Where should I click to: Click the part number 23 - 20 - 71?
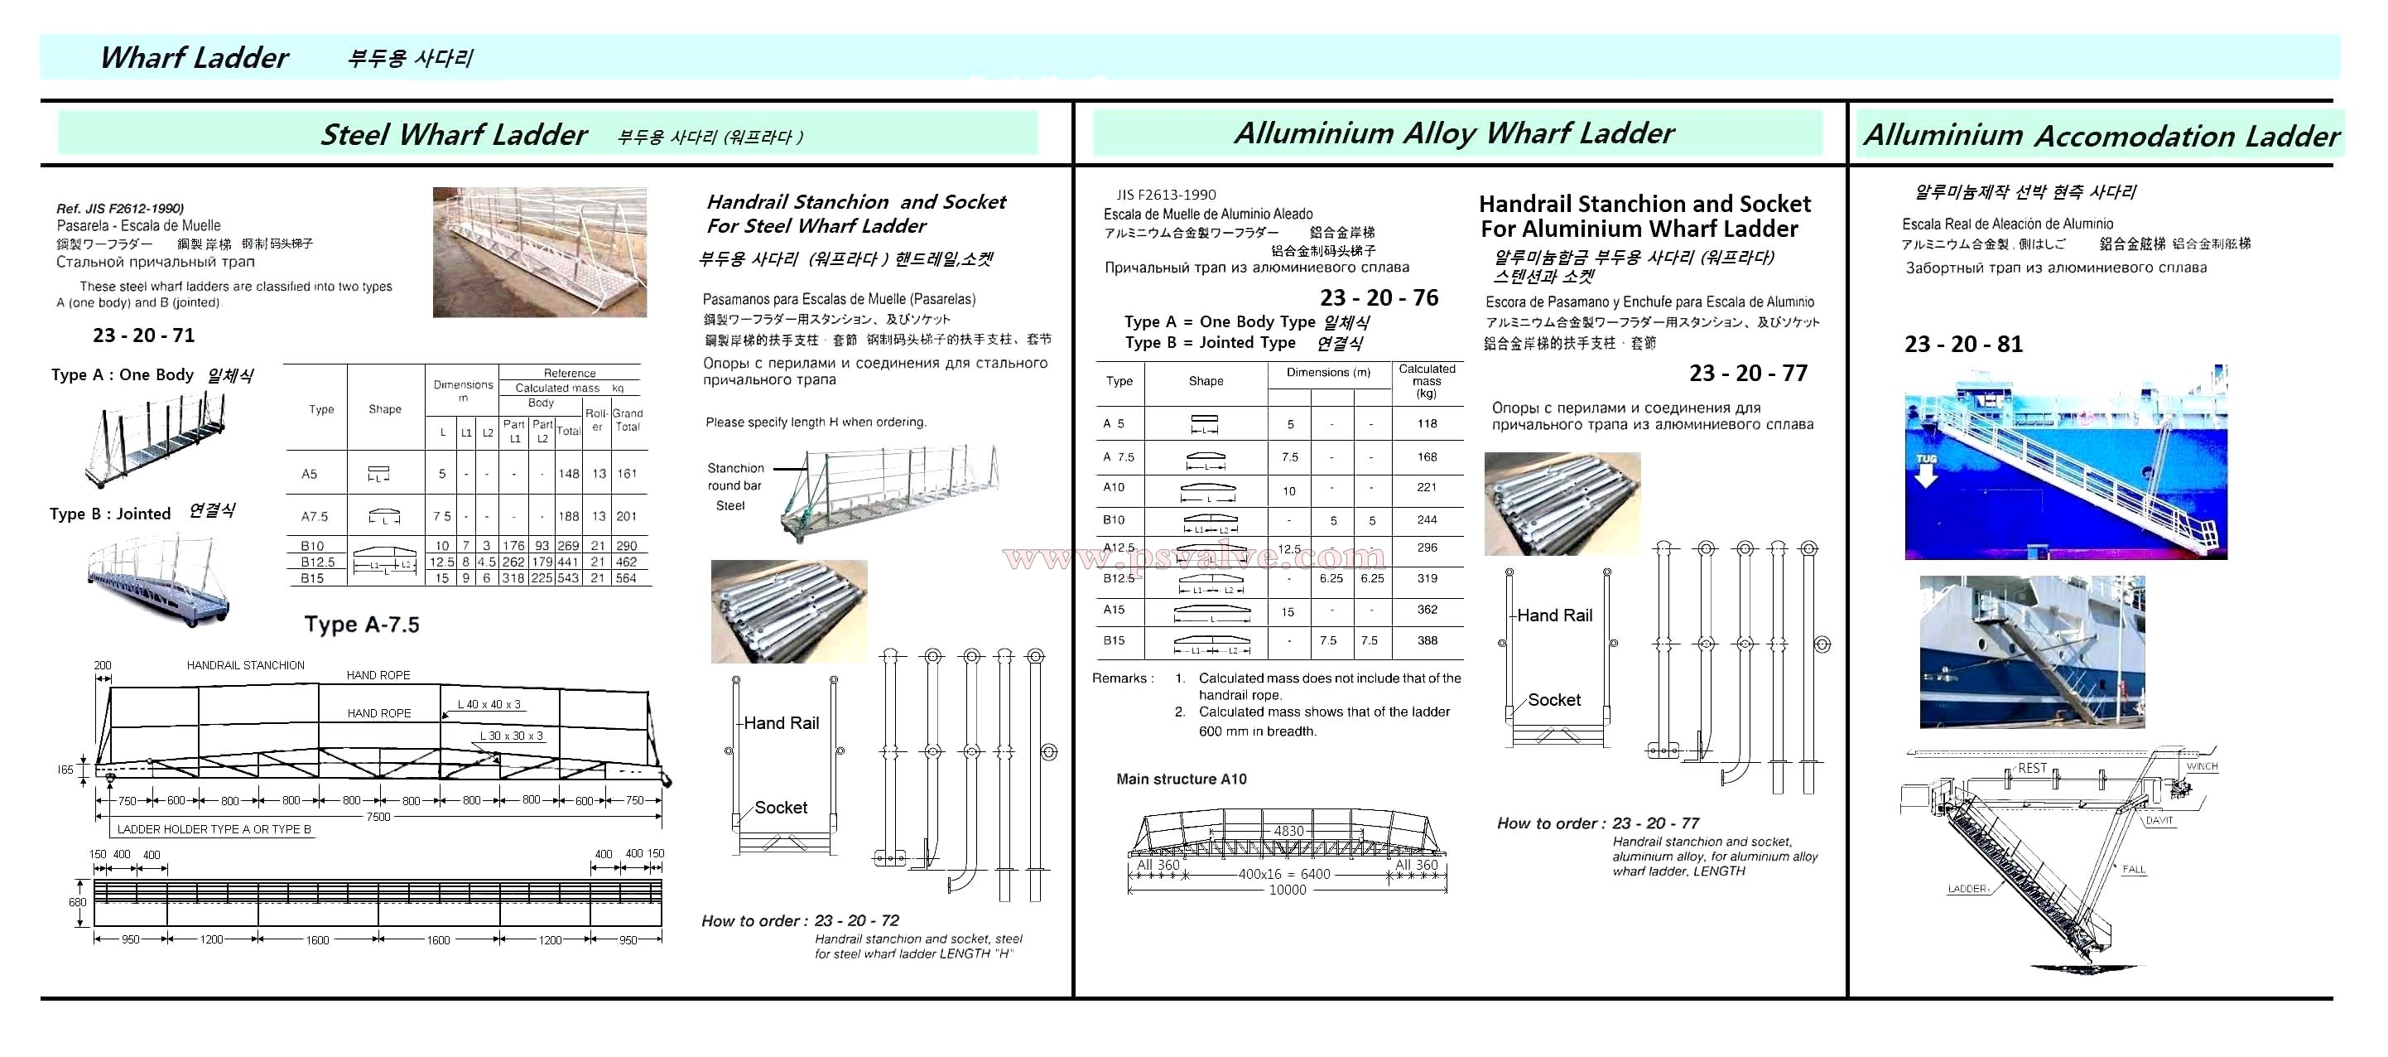tap(144, 335)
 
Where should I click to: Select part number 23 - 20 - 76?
tap(1379, 297)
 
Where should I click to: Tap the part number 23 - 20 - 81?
tap(1963, 344)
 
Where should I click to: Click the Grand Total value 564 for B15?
tap(627, 577)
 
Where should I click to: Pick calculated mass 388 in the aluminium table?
tap(1427, 640)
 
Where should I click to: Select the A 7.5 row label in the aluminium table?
tap(1119, 457)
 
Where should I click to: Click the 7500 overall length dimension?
tap(378, 817)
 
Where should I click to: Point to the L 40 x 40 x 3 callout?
tap(489, 705)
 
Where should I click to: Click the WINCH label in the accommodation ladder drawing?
tap(2202, 767)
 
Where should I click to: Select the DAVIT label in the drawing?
tap(2159, 821)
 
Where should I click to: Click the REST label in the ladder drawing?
tap(2032, 768)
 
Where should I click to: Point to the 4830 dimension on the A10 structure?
tap(1288, 831)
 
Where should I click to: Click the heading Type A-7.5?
tap(362, 625)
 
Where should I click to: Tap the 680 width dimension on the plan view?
tap(78, 902)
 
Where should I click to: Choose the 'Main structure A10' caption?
tap(1181, 779)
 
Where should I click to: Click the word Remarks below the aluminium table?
tap(1119, 678)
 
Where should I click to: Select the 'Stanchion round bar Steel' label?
tap(735, 487)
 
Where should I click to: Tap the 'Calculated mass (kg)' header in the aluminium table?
tap(1427, 381)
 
